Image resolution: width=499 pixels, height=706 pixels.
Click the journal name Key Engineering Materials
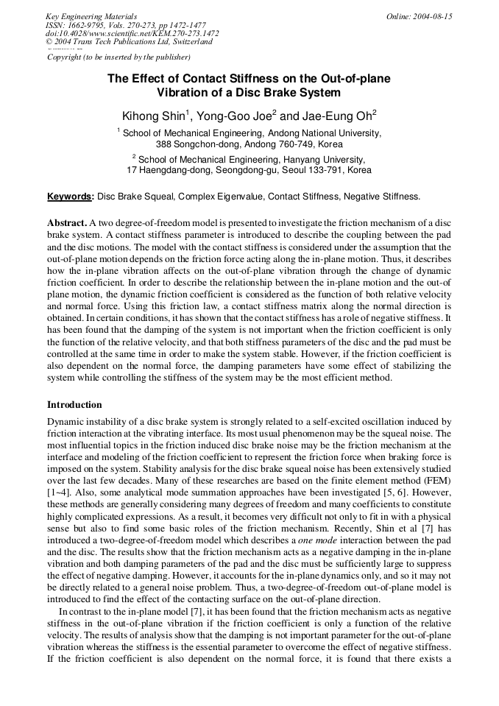(91, 16)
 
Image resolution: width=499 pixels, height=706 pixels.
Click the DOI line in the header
(132, 33)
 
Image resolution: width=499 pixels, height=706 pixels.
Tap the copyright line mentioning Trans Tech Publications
(129, 42)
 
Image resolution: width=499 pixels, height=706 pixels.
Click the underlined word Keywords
(70, 197)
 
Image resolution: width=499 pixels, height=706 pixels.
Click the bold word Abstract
(67, 222)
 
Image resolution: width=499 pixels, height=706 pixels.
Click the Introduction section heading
(74, 405)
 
